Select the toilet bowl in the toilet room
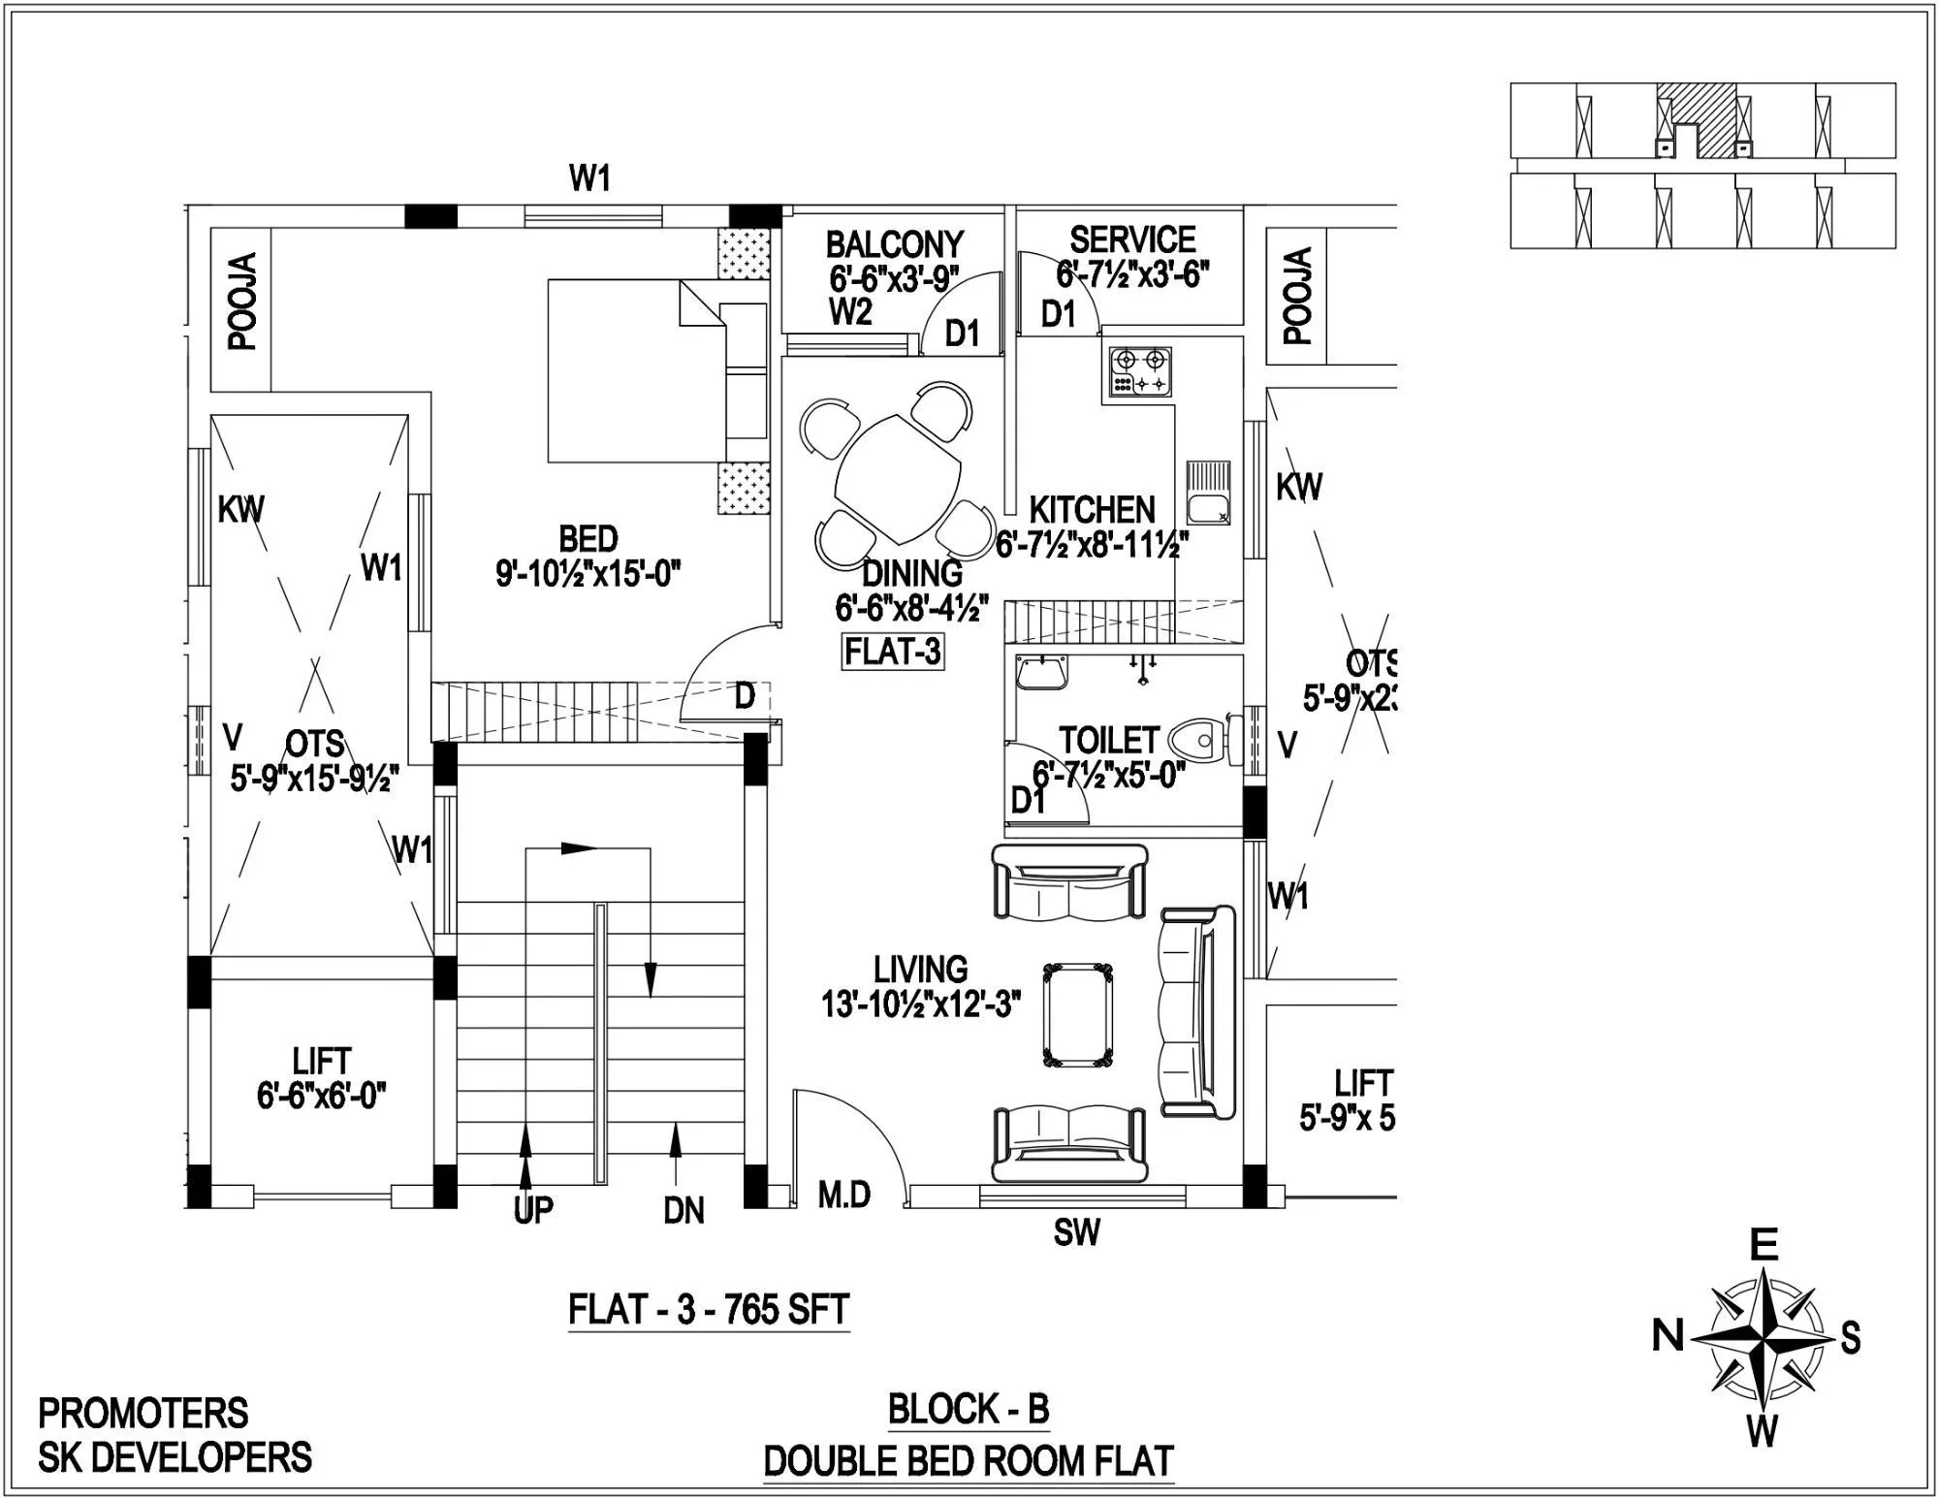tap(1196, 741)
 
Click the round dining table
tap(898, 479)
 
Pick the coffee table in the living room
tap(1077, 1014)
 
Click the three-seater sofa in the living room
tap(1198, 1011)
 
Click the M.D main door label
tap(843, 1195)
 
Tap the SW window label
tap(1077, 1232)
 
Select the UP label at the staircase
tap(533, 1209)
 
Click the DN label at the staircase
tap(684, 1210)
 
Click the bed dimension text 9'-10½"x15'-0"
tap(588, 575)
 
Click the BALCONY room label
tap(894, 243)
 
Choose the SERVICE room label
tap(1132, 239)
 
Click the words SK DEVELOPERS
tap(175, 1457)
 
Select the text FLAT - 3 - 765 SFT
tap(709, 1310)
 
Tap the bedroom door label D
tap(745, 696)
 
